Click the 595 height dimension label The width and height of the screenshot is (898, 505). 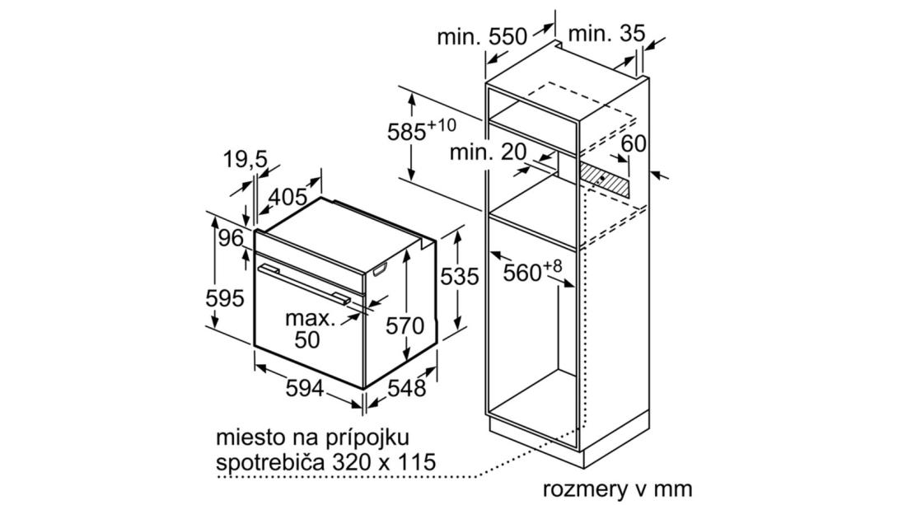click(225, 298)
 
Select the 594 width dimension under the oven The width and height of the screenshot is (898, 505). click(305, 389)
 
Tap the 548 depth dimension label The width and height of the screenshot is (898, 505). click(407, 389)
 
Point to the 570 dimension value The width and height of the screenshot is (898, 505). click(405, 325)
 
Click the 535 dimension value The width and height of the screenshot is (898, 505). click(459, 277)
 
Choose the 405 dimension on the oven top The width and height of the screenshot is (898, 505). click(288, 198)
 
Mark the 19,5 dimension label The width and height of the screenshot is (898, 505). click(246, 160)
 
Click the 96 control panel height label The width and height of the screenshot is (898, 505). click(231, 237)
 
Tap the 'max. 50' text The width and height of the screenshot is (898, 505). click(310, 330)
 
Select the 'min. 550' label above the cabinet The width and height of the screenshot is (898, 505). click(482, 36)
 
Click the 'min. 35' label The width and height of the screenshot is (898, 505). click(607, 34)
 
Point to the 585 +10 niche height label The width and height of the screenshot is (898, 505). click(422, 129)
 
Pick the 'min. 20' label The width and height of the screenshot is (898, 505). click(488, 152)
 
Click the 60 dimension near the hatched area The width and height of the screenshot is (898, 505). click(634, 143)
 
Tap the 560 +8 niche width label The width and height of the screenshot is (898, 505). click(533, 271)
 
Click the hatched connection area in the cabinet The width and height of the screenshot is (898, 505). click(603, 180)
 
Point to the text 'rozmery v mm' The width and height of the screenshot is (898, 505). click(617, 489)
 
